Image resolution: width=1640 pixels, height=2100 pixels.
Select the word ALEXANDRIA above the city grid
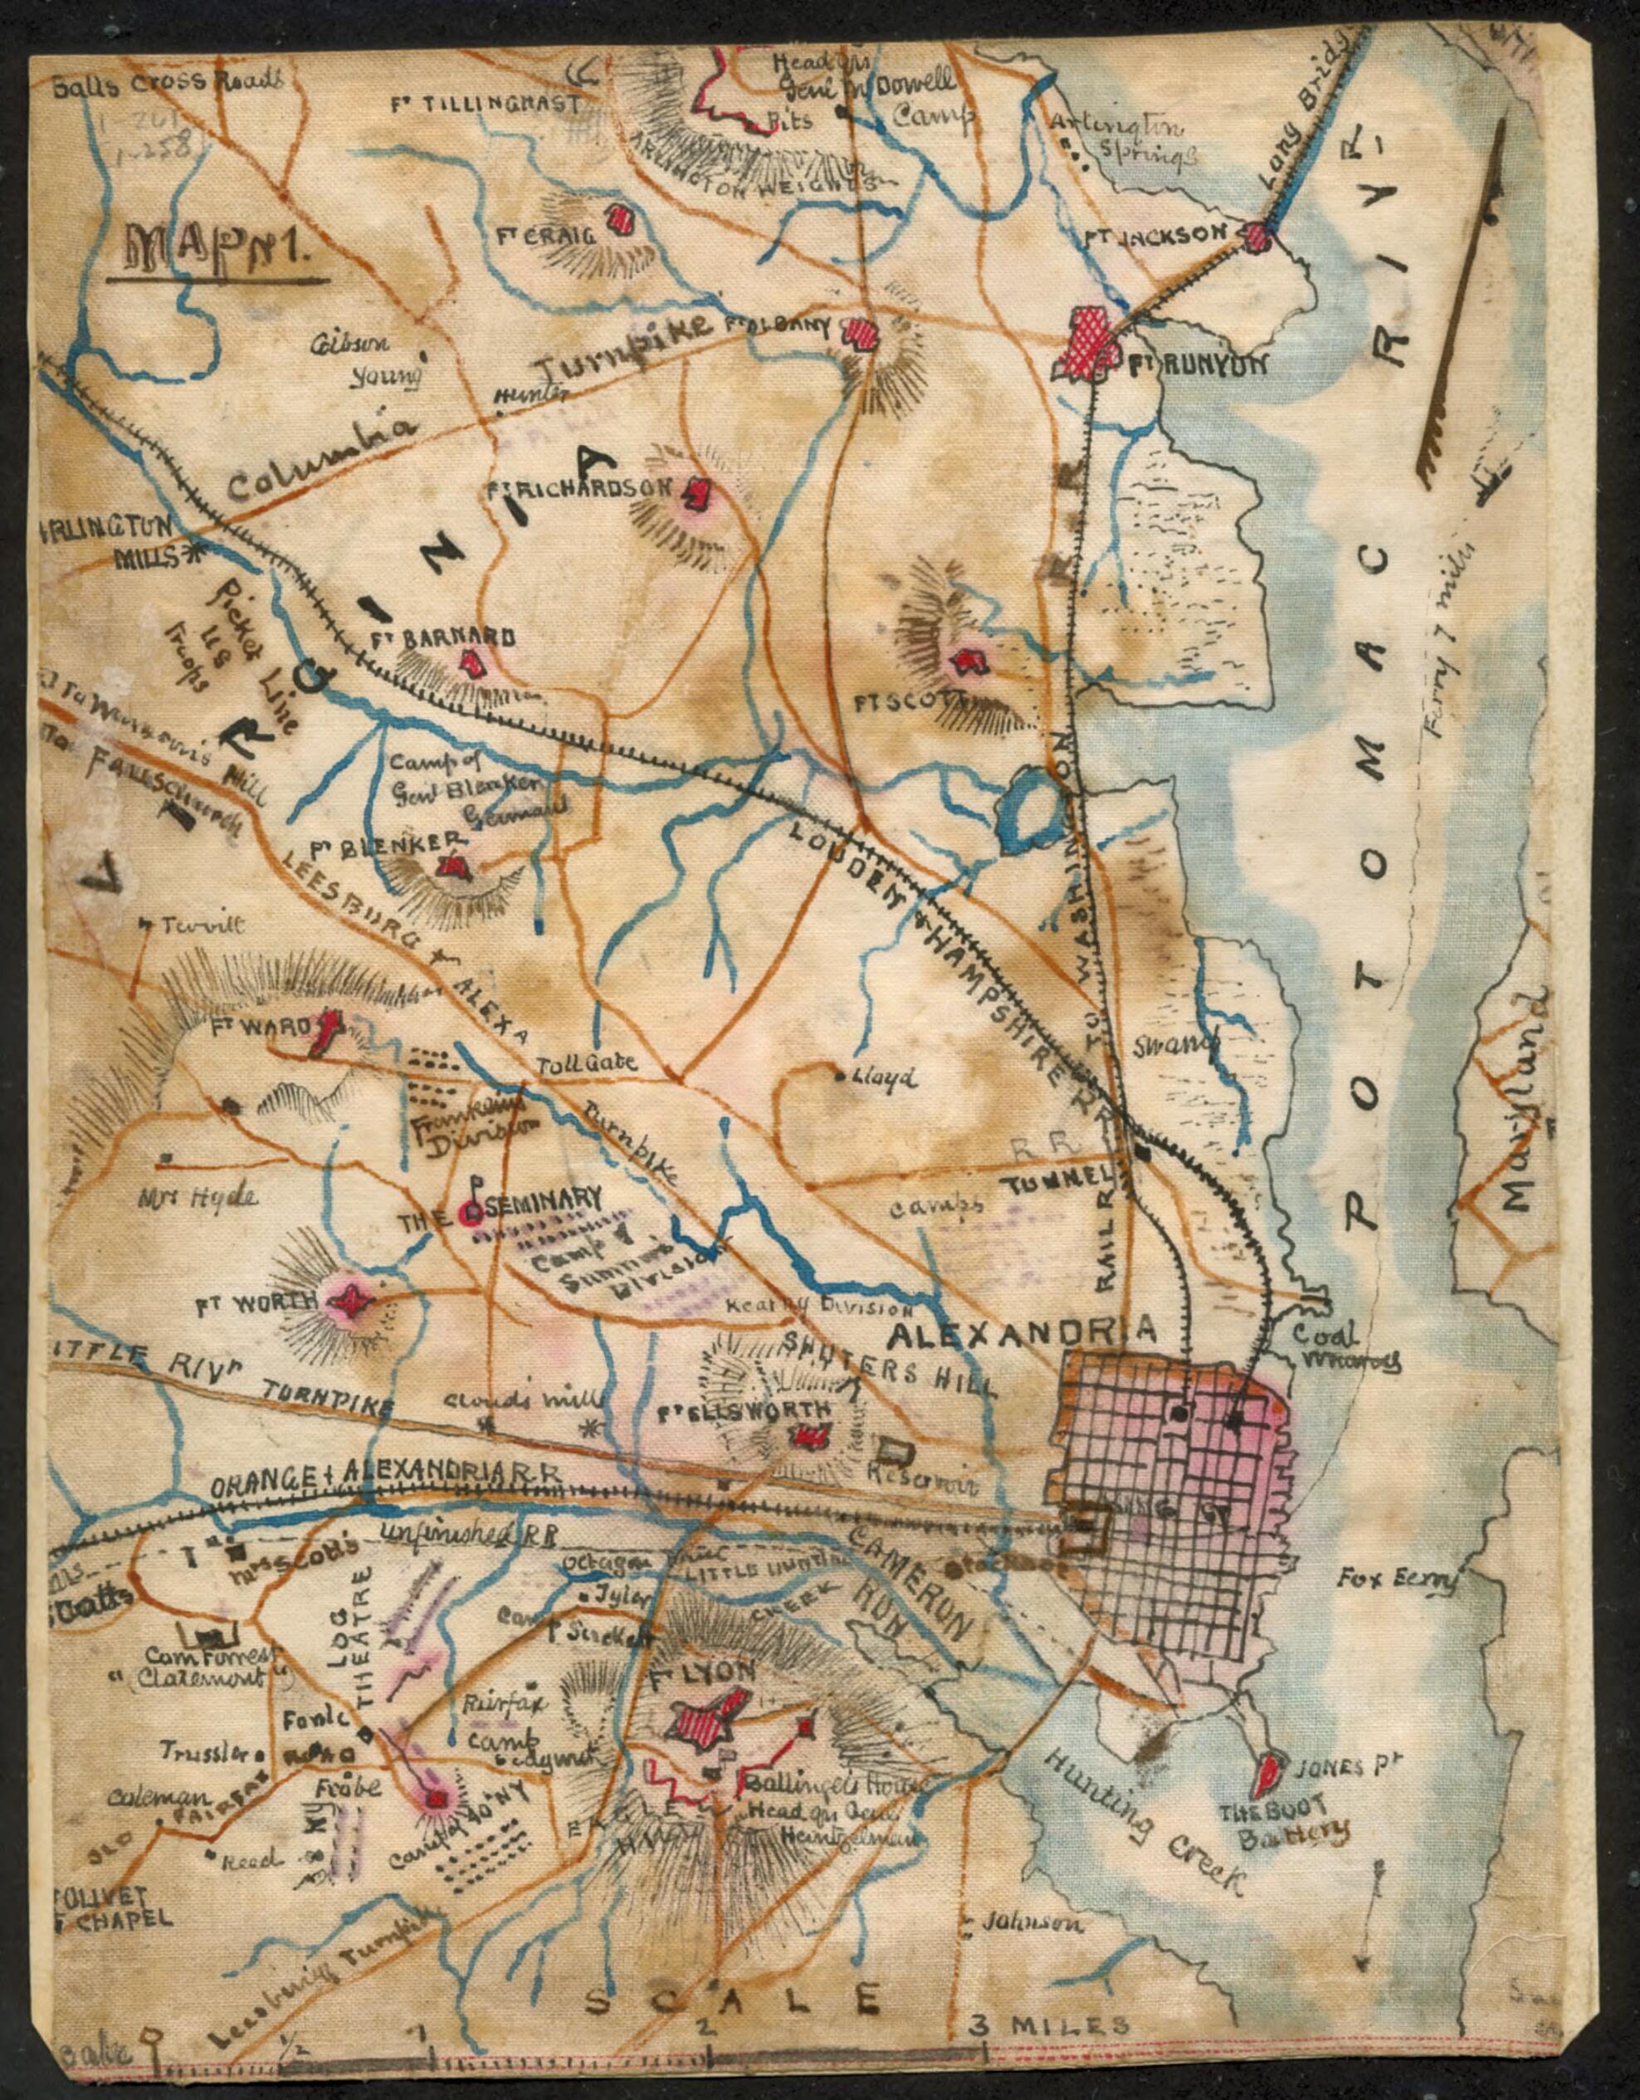coord(1021,1331)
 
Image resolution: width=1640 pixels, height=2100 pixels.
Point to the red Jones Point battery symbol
coord(1268,1770)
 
